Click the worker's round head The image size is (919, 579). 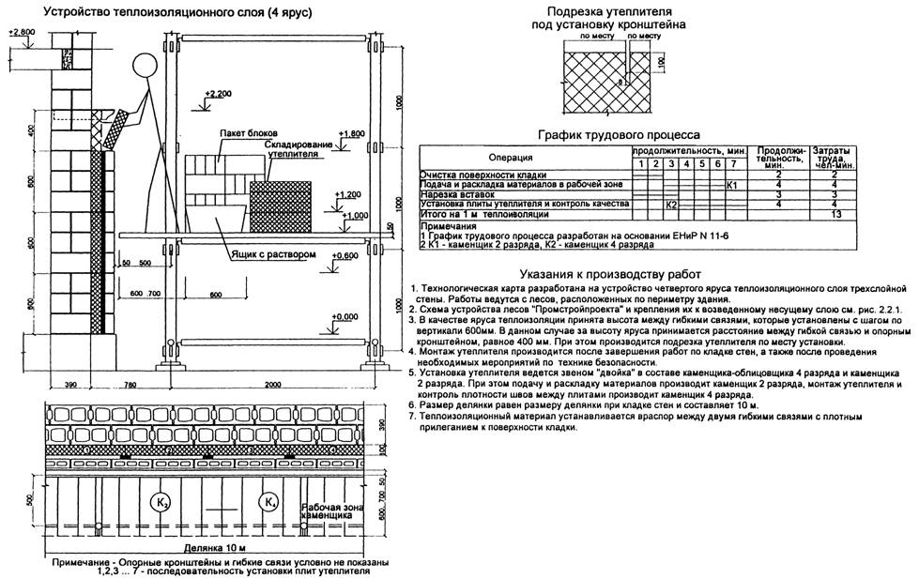[x=144, y=67]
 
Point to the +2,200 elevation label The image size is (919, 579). [x=217, y=95]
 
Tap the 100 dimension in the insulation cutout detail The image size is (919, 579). [x=659, y=61]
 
